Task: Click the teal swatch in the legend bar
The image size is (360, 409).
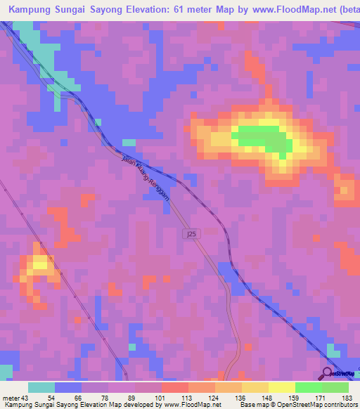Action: pos(41,387)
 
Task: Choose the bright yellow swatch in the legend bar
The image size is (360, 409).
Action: pos(282,387)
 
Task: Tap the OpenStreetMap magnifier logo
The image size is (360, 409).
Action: pos(327,373)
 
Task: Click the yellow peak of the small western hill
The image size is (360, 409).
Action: pos(40,264)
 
